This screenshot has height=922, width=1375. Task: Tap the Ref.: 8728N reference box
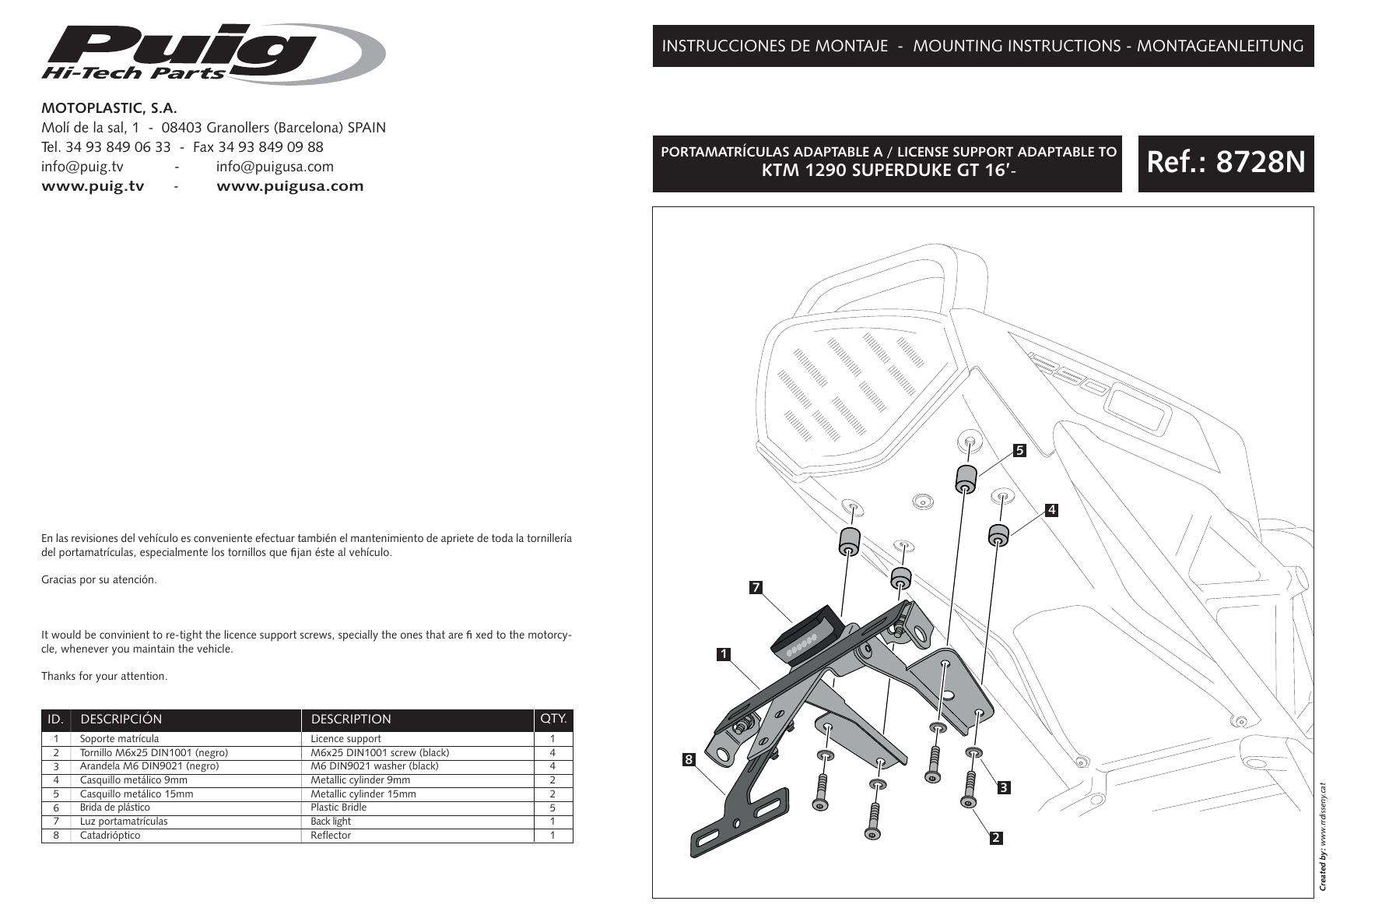pyautogui.click(x=1225, y=163)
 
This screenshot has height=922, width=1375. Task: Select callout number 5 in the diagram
pyautogui.click(x=1020, y=450)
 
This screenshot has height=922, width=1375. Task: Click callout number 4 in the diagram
pyautogui.click(x=1051, y=510)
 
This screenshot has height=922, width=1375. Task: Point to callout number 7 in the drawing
pyautogui.click(x=756, y=588)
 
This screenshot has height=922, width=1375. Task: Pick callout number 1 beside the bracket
pyautogui.click(x=724, y=654)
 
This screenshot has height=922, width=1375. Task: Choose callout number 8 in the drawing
pyautogui.click(x=688, y=760)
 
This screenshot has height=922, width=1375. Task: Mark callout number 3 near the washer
pyautogui.click(x=1004, y=787)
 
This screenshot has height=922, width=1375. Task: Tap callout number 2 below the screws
pyautogui.click(x=995, y=839)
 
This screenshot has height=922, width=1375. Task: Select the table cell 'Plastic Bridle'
pyautogui.click(x=338, y=808)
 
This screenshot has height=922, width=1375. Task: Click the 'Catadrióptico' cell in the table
pyautogui.click(x=110, y=836)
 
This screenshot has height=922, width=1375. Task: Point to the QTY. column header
pyautogui.click(x=553, y=719)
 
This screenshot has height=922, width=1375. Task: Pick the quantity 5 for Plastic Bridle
pyautogui.click(x=552, y=808)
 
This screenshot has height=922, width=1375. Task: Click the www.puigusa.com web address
pyautogui.click(x=289, y=186)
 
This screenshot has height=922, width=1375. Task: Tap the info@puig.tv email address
pyautogui.click(x=82, y=166)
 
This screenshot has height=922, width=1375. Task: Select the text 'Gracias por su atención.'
pyautogui.click(x=99, y=579)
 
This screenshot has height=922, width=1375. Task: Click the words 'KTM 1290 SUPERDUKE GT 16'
pyautogui.click(x=886, y=171)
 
